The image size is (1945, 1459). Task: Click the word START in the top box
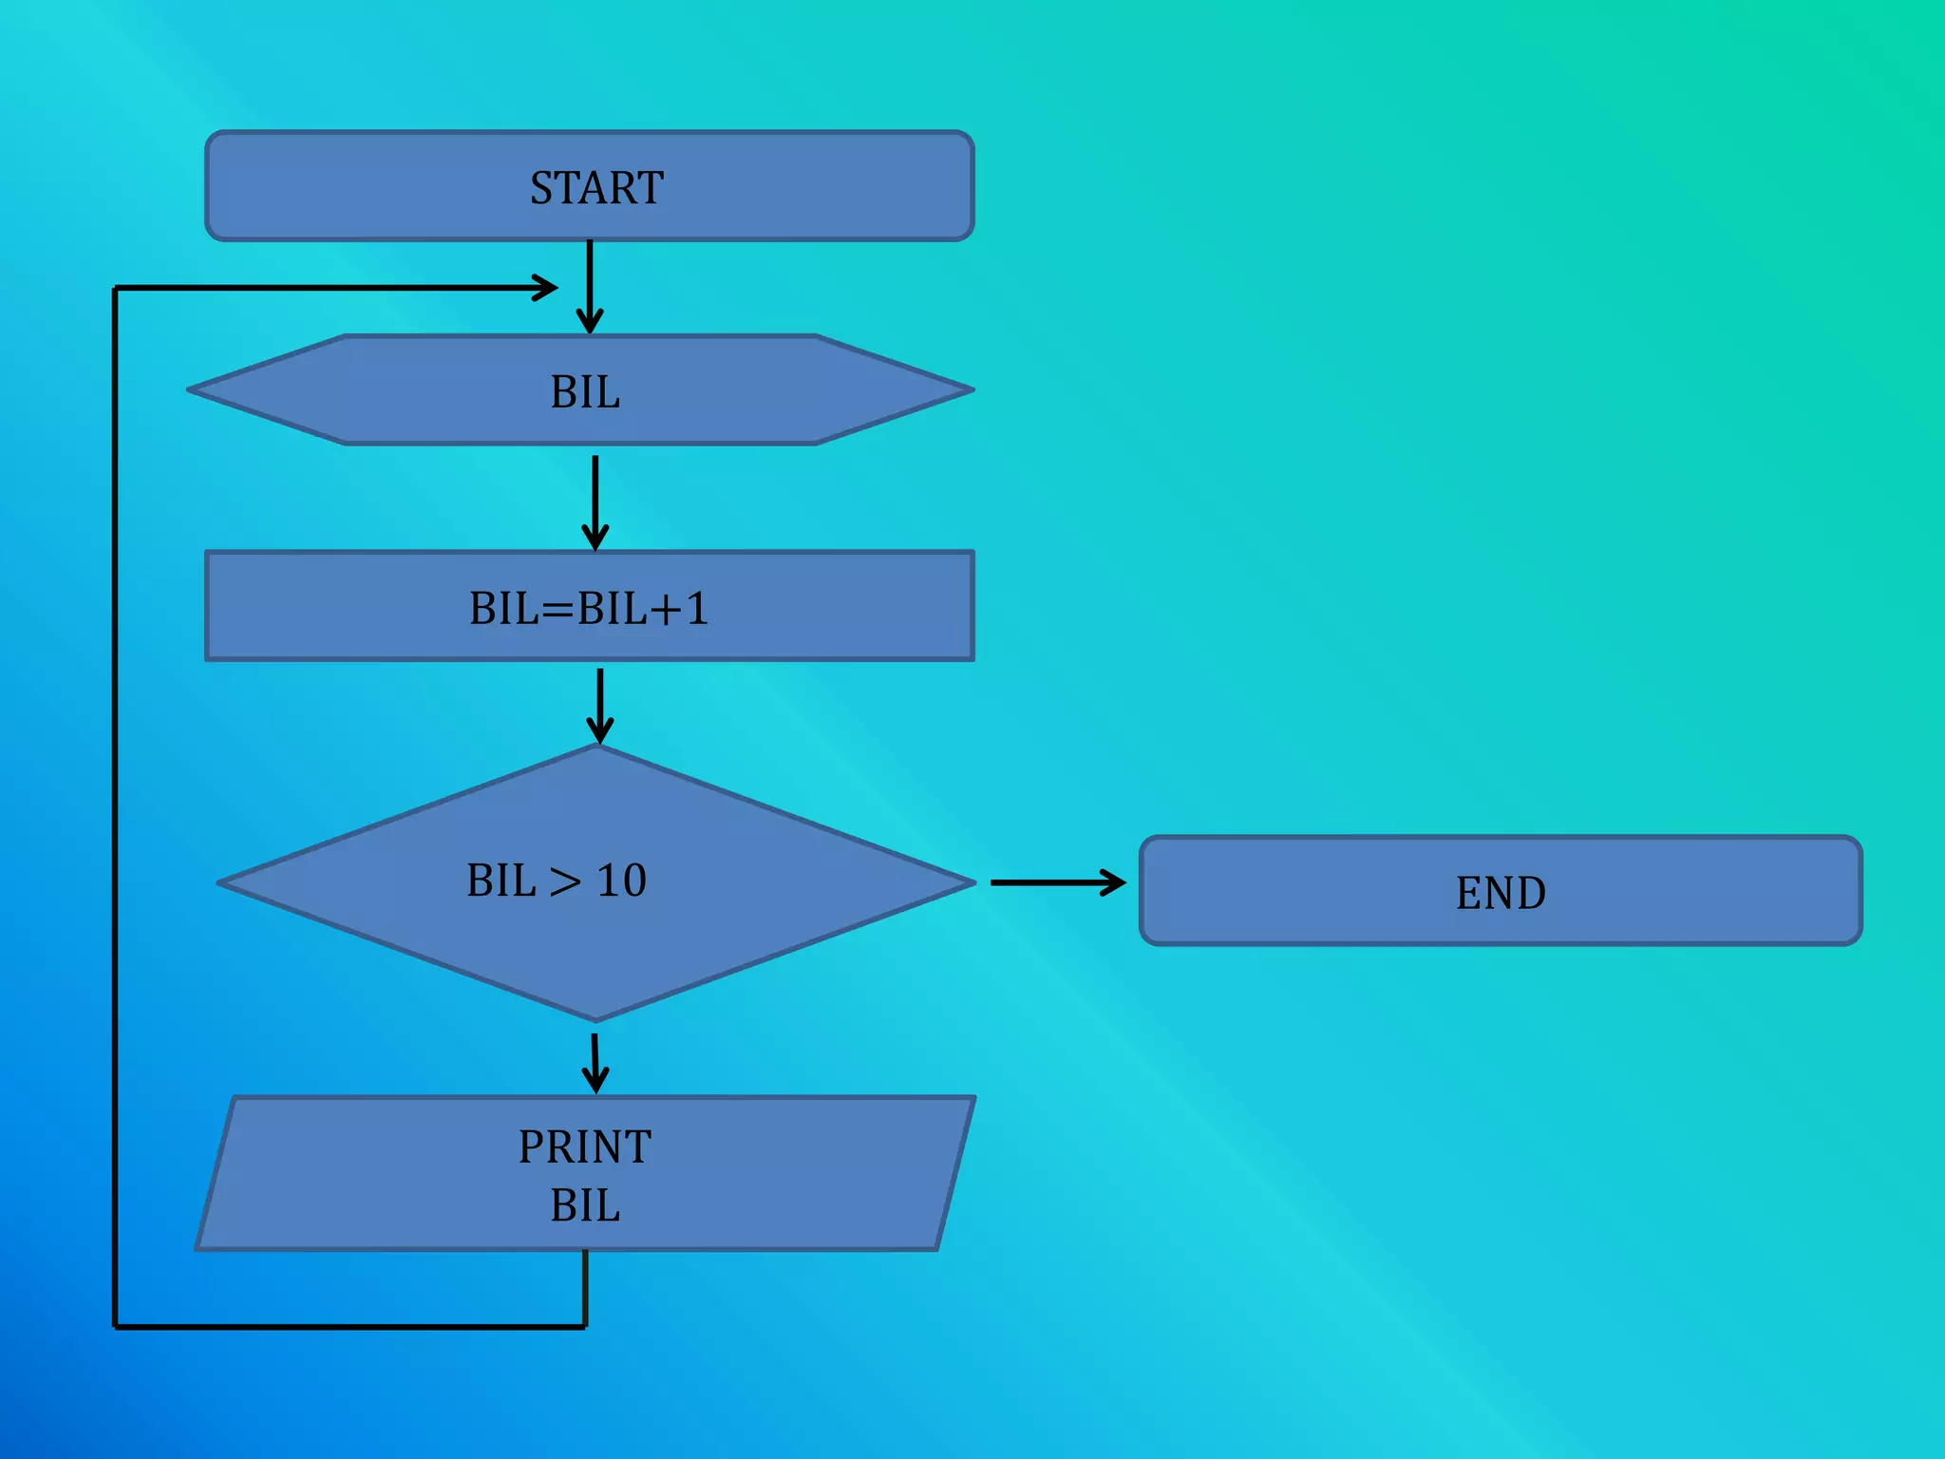(596, 188)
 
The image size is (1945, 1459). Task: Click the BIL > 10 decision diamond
(596, 950)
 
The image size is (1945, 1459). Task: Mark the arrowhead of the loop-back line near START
(545, 288)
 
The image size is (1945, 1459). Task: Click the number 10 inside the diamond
(622, 881)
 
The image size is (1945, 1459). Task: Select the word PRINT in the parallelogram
(585, 1146)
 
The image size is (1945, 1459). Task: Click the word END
(1501, 893)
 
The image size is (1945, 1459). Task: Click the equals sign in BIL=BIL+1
(557, 609)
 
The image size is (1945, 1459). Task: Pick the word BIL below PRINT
(585, 1205)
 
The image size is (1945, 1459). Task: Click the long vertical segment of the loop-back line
(115, 807)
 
